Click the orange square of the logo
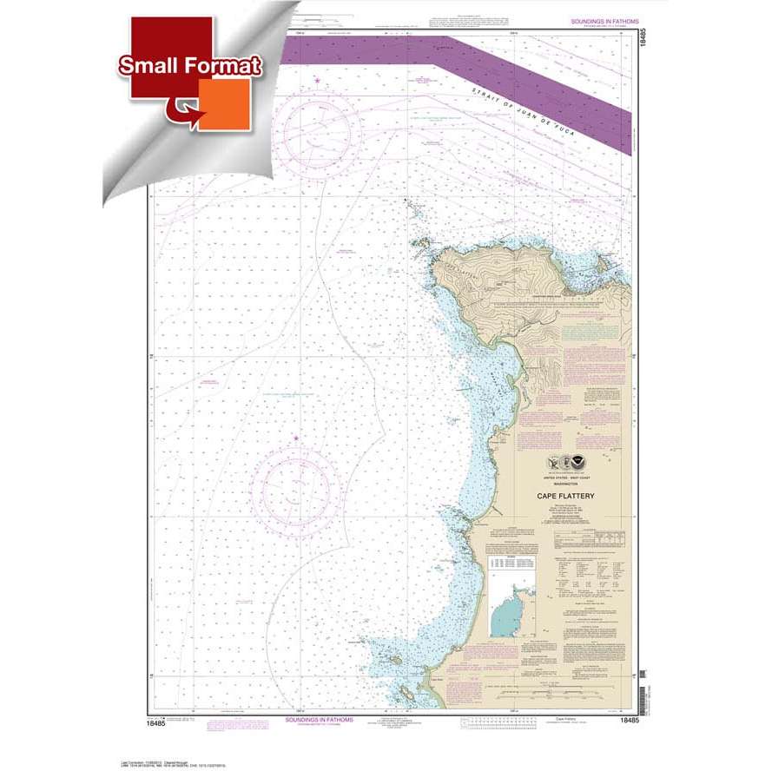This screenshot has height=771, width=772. (224, 104)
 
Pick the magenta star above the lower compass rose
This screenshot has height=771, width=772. (295, 438)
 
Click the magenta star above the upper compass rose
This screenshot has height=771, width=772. (318, 82)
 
